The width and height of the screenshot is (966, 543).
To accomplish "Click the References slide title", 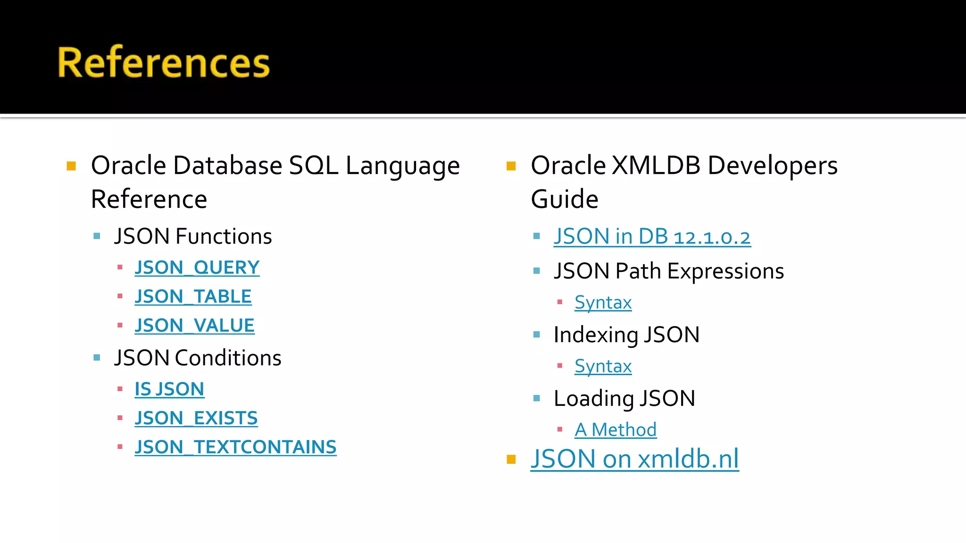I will [163, 62].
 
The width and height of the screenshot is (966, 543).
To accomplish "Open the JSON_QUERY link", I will [197, 268].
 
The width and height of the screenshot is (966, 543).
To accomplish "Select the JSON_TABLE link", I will [193, 296].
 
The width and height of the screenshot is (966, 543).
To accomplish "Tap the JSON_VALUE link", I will [194, 326].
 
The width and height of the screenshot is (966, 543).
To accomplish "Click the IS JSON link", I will [169, 389].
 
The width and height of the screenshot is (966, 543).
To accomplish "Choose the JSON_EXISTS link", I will [196, 418].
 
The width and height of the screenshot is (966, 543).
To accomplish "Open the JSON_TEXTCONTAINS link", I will [235, 447].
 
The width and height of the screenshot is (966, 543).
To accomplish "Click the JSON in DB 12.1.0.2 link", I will [652, 237].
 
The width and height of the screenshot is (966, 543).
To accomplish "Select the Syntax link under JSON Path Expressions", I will [603, 303].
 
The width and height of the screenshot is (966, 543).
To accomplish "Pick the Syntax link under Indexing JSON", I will [603, 366].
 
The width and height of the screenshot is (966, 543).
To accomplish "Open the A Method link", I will [616, 430].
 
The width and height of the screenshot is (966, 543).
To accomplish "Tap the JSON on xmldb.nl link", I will [634, 459].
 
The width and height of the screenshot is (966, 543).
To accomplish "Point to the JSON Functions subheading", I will [193, 236].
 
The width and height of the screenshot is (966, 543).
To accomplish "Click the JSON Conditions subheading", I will [198, 358].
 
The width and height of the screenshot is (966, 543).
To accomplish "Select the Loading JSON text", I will [624, 399].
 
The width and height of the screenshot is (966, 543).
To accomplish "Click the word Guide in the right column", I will [565, 199].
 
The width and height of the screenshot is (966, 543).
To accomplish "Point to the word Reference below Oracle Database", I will [149, 199].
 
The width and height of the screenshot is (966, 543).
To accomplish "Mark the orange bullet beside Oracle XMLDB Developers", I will [511, 166].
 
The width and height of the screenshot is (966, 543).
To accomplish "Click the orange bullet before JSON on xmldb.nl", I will [511, 459].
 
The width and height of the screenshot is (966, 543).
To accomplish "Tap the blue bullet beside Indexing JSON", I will [536, 335].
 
